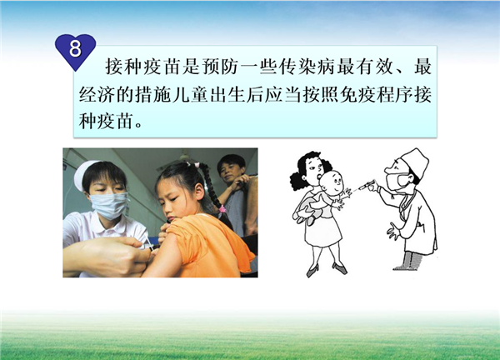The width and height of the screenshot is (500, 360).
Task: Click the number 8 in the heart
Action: click(x=75, y=49)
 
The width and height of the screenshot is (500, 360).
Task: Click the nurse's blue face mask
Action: click(x=108, y=205)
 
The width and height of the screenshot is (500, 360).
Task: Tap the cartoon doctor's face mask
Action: click(x=396, y=182)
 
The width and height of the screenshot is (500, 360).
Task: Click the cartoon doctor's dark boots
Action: click(x=409, y=261)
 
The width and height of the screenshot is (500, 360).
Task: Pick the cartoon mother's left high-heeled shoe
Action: click(x=312, y=270)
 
